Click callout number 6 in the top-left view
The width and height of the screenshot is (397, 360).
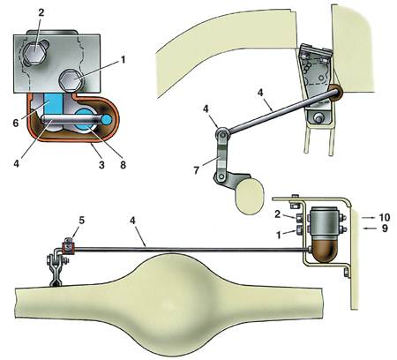[16, 123]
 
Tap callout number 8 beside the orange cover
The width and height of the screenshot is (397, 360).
[123, 165]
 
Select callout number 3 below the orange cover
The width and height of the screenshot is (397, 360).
[101, 165]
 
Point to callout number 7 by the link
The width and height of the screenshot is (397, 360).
[197, 170]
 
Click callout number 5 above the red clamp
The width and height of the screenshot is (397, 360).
[81, 221]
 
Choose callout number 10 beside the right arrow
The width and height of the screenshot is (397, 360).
[385, 217]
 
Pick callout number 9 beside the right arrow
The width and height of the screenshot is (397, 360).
[385, 229]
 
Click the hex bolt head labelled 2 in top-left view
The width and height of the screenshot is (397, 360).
[35, 53]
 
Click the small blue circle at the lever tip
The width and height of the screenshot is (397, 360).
[108, 119]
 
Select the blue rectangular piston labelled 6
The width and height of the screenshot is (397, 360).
[53, 104]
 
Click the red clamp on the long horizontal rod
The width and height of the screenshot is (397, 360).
[68, 249]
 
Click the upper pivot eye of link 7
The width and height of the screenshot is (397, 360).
[221, 134]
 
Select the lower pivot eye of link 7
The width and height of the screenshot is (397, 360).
[220, 176]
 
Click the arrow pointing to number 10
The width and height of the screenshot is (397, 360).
[368, 218]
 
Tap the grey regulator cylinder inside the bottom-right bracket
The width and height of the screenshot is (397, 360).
[326, 221]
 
